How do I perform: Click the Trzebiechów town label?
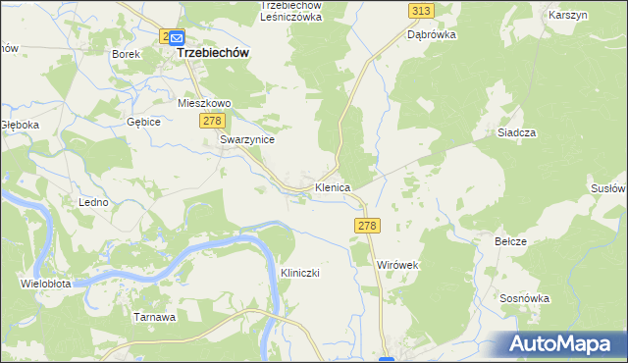click(213, 54)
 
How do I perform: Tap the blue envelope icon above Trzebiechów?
click(176, 38)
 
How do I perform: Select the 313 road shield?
click(421, 10)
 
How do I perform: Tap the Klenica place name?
click(333, 186)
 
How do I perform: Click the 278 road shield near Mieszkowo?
click(212, 120)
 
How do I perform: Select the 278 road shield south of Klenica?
click(366, 226)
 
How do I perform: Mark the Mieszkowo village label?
click(203, 102)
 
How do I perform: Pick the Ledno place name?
click(92, 201)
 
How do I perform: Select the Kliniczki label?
click(301, 272)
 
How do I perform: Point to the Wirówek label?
click(398, 265)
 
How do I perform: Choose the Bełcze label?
click(511, 241)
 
